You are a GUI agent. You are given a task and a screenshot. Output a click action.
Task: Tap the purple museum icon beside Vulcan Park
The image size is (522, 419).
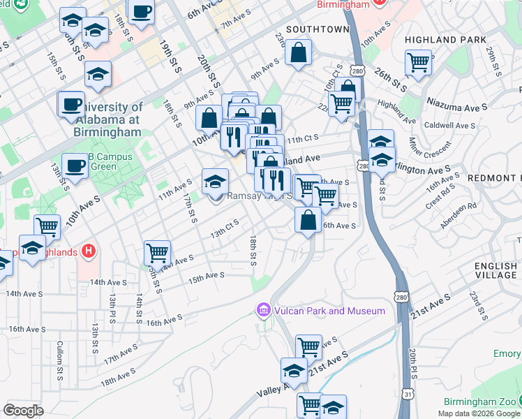click(263, 309)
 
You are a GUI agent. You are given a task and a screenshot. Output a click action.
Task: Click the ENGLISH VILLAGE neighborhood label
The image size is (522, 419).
click(495, 271)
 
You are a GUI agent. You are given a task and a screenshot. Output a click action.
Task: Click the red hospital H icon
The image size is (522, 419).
click(88, 250)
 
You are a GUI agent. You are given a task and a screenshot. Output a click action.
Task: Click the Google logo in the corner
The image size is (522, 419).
click(23, 411)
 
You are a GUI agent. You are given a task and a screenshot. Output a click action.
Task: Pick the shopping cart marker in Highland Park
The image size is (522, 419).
click(418, 63)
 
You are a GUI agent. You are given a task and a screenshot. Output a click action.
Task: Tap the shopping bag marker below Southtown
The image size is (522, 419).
click(298, 53)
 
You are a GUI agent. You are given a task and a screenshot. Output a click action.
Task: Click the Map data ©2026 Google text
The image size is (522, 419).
click(479, 413)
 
